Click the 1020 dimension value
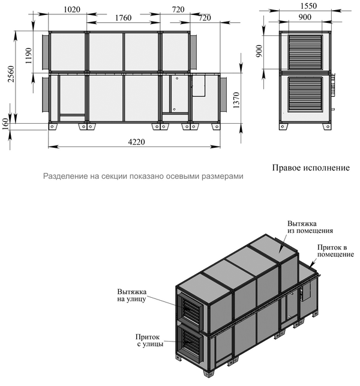72,10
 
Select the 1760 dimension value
123,18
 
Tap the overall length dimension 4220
137,142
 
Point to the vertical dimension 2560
11,74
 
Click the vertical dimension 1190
29,56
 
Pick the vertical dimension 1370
236,100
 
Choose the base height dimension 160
5,124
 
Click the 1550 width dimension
308,6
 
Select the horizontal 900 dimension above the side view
305,17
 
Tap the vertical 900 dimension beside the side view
259,51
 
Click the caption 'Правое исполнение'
311,168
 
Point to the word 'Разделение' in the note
62,176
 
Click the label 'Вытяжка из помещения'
310,228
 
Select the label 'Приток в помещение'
335,250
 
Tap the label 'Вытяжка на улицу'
132,295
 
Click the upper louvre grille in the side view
305,52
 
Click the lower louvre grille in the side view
305,94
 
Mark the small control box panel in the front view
199,86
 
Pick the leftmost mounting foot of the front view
52,126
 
